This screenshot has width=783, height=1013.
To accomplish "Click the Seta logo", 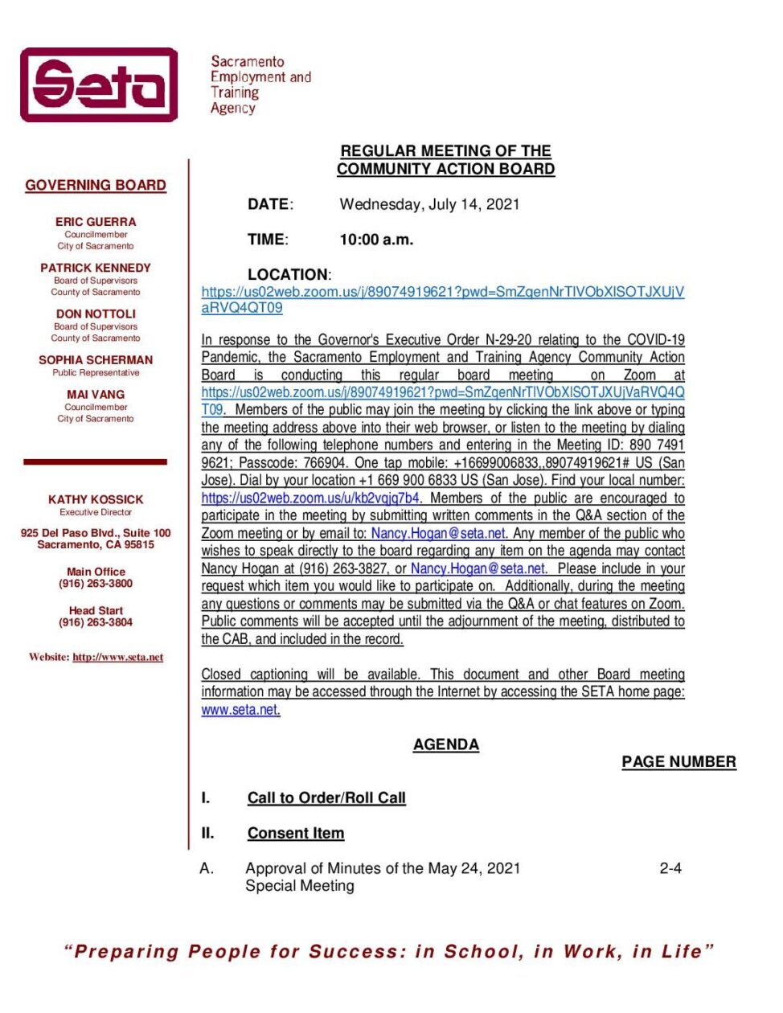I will coord(99,84).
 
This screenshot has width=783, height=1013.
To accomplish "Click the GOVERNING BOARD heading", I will coord(96,185).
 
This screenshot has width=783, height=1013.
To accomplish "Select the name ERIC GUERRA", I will coord(96,222).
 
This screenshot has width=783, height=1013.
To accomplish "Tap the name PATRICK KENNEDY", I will coord(96,268).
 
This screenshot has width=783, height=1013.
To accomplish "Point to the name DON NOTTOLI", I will coord(96,314).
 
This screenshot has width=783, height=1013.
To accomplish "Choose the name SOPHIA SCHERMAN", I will coord(96,360).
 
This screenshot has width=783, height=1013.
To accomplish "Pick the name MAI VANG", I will coord(96,395).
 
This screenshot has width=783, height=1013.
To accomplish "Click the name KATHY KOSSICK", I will coord(96,499).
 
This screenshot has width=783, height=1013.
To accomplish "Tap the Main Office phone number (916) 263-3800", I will coord(96,584).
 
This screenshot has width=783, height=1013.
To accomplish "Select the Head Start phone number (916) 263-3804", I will coord(96,622).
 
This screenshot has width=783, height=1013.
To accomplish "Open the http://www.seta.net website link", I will coord(117,657).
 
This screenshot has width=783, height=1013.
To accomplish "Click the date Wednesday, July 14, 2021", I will coord(429,204).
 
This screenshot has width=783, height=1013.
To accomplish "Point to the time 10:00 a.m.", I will coord(376,240).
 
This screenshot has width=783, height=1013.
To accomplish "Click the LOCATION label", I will coord(288,274).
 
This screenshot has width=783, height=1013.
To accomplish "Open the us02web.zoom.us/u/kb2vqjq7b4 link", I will coord(310,498).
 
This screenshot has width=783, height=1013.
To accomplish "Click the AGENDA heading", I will coord(445,744).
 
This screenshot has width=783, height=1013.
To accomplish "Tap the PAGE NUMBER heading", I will coord(678,761).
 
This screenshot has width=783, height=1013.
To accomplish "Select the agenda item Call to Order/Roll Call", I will coord(326,798).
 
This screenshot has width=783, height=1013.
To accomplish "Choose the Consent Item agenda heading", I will coord(296,833).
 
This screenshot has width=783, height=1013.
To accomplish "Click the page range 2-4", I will coord(670,868).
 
